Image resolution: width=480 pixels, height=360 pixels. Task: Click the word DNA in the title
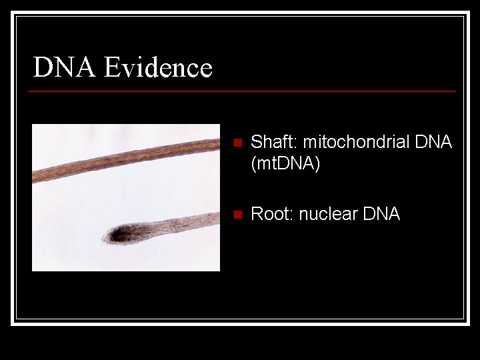(x=65, y=67)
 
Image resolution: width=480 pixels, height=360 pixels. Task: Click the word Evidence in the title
(x=158, y=67)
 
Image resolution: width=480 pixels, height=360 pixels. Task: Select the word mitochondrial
(x=347, y=142)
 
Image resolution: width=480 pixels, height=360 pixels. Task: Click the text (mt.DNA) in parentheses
(x=285, y=163)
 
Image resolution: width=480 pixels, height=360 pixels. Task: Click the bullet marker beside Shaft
(x=235, y=143)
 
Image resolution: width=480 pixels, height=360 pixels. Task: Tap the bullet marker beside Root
(x=235, y=215)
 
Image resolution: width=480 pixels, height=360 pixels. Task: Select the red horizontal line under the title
(x=244, y=91)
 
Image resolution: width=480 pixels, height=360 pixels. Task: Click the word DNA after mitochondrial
(x=433, y=142)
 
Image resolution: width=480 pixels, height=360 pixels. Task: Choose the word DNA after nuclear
(x=381, y=214)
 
